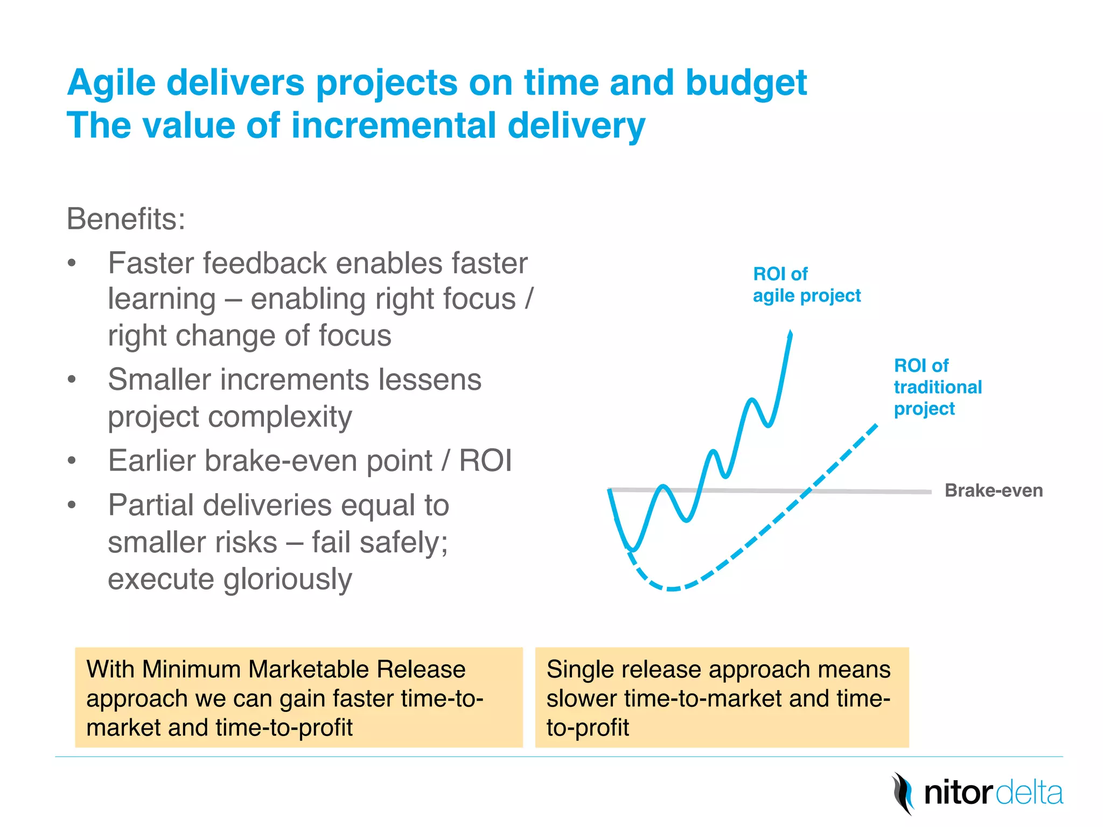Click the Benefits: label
[x=125, y=219]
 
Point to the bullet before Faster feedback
[x=72, y=264]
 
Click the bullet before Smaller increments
[x=72, y=380]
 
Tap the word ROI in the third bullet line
[x=485, y=461]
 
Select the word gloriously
[x=288, y=579]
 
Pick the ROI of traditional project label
[x=937, y=387]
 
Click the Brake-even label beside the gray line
[x=993, y=490]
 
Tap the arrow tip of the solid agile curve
[x=790, y=333]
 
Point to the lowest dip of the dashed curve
[x=672, y=589]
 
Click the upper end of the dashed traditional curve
[x=876, y=426]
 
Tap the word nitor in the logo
[x=957, y=794]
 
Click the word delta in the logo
[x=1029, y=794]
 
